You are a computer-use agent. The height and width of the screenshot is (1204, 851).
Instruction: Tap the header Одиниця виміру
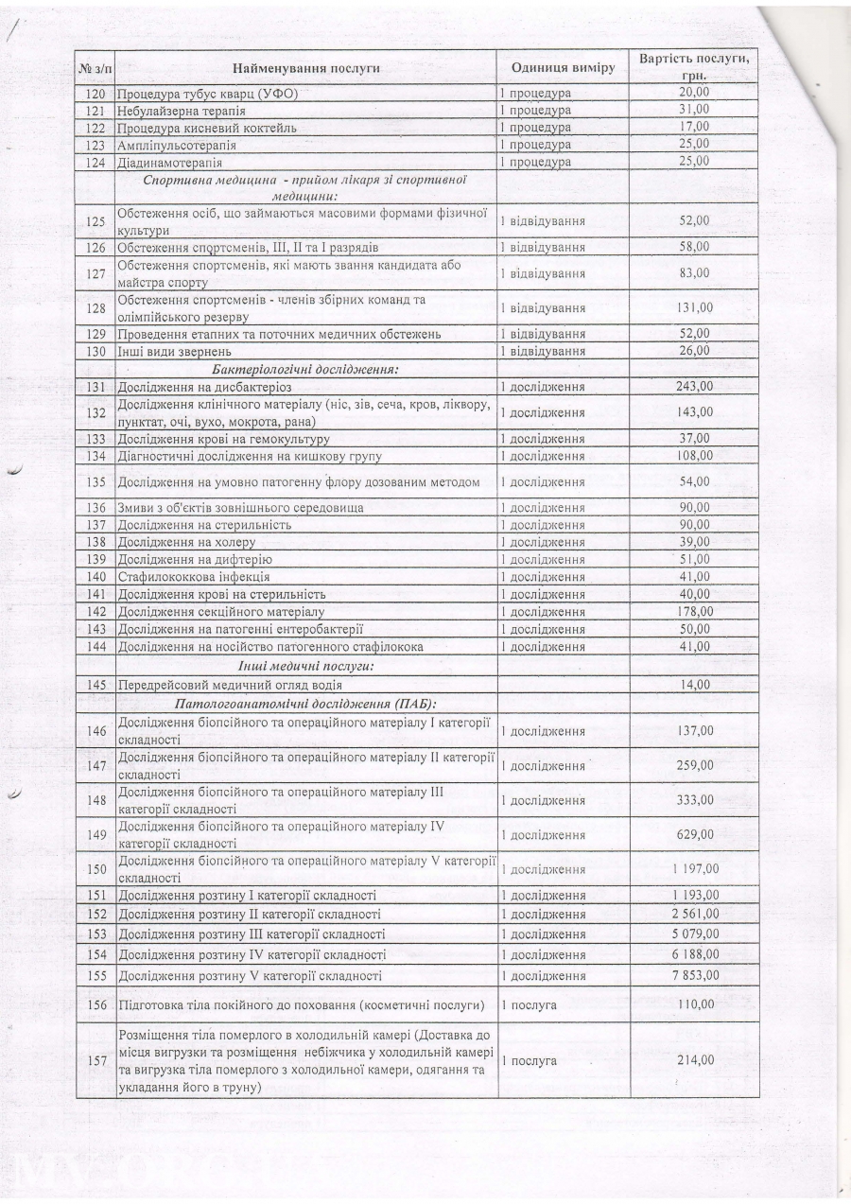563,68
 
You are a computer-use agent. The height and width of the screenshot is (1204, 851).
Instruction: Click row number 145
95,685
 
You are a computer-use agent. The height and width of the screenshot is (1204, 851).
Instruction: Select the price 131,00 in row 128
694,307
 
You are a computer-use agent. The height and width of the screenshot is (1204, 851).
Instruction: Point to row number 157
95,1060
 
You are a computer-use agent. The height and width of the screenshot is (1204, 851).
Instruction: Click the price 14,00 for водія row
694,685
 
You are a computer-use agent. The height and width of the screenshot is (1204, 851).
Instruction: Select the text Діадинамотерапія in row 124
168,162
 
